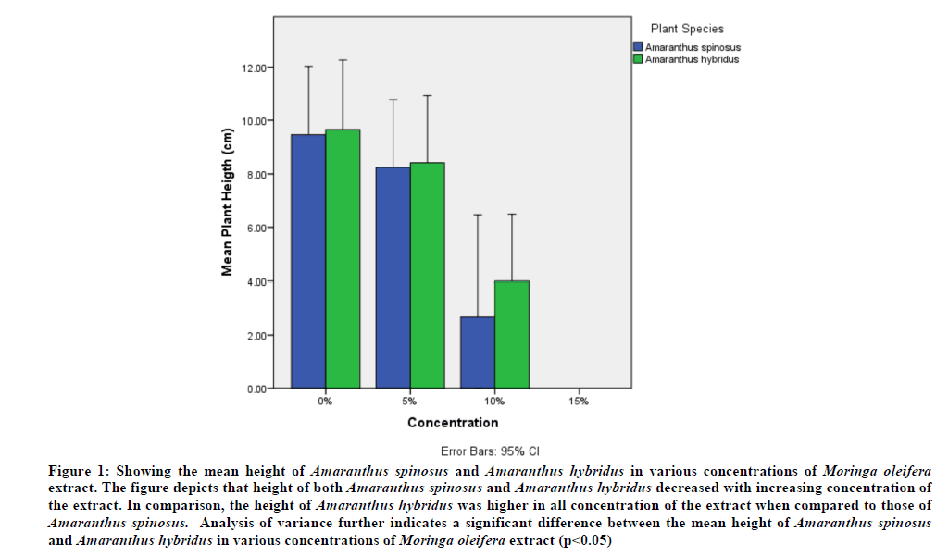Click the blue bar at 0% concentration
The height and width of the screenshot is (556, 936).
click(307, 261)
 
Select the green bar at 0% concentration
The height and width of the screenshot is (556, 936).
click(342, 258)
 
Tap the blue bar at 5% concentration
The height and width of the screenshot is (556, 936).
click(393, 278)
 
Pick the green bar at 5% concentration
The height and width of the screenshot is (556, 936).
click(427, 275)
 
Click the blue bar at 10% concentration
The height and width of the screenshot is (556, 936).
click(477, 352)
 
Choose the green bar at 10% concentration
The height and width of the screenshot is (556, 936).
click(511, 334)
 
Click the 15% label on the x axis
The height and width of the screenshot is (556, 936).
click(579, 402)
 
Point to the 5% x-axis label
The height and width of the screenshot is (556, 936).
click(409, 402)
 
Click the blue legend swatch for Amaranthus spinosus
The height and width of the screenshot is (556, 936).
click(638, 47)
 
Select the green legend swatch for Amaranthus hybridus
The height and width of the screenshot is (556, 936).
click(638, 59)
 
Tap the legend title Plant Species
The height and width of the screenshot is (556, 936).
click(687, 30)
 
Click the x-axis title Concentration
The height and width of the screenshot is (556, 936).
click(453, 423)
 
